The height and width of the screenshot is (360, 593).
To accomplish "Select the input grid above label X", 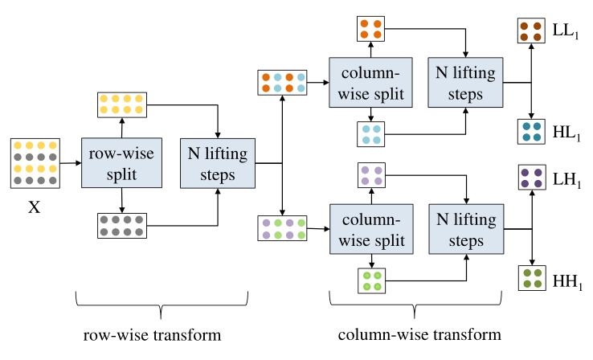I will (x=35, y=163).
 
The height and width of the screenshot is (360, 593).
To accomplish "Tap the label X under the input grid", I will (x=35, y=207).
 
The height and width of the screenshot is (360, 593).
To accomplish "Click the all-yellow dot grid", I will (x=121, y=104).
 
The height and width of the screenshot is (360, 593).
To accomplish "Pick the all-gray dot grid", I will (x=121, y=224).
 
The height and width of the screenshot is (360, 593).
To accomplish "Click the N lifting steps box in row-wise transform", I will (x=217, y=163).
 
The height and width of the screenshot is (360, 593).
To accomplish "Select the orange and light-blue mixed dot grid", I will (x=281, y=83).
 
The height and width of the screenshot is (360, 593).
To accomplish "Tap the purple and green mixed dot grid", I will (x=281, y=229).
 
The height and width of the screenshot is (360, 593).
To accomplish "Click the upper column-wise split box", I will (x=370, y=83).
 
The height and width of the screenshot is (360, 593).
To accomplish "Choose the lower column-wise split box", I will (x=370, y=229).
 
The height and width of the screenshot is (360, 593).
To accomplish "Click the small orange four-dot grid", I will (x=370, y=30).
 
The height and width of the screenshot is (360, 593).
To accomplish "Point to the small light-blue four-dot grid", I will (x=370, y=134).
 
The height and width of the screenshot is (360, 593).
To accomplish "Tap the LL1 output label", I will (x=566, y=31).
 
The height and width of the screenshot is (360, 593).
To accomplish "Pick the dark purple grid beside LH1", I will (x=531, y=178).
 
